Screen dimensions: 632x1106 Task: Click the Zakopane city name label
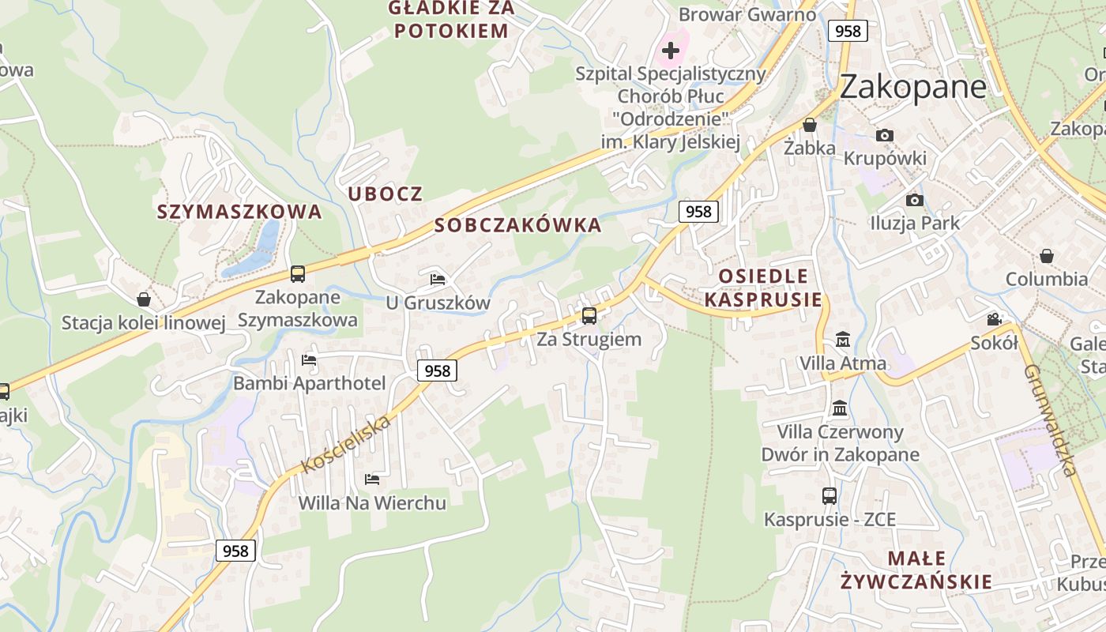click(x=912, y=86)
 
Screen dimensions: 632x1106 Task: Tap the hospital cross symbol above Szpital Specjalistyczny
click(x=670, y=51)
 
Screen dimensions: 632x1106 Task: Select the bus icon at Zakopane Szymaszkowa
click(x=298, y=274)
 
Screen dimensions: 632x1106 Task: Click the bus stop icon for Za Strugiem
click(x=589, y=316)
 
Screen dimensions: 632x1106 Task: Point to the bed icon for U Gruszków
click(x=438, y=279)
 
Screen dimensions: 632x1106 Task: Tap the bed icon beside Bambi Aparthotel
click(x=309, y=360)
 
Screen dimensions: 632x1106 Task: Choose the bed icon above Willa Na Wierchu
click(x=372, y=479)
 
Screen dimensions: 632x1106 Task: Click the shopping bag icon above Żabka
click(x=810, y=125)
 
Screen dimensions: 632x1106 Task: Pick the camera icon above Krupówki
click(x=885, y=135)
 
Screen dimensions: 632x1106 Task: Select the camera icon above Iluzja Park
click(x=915, y=200)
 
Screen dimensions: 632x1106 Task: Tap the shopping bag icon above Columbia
click(x=1047, y=256)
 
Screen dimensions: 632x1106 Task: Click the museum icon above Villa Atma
click(x=843, y=340)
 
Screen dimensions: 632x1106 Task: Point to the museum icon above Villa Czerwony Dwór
click(x=840, y=408)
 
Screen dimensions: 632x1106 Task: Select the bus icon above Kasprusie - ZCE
click(x=829, y=496)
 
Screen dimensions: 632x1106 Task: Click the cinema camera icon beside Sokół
click(x=994, y=319)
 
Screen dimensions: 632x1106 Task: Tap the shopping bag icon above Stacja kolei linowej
click(x=144, y=299)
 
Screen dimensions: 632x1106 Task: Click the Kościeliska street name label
click(x=347, y=444)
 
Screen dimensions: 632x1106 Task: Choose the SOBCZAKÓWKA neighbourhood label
click(x=518, y=225)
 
